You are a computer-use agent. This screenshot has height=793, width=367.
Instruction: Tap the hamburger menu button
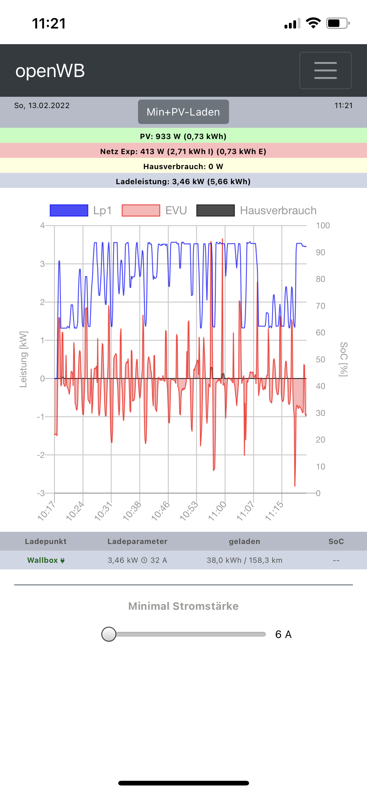click(325, 70)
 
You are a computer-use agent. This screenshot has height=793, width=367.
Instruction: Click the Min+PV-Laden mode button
click(183, 112)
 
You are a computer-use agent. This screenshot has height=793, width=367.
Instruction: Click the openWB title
click(50, 71)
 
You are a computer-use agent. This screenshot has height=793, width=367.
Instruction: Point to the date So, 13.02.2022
click(42, 106)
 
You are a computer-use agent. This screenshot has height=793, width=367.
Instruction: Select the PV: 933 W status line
click(183, 136)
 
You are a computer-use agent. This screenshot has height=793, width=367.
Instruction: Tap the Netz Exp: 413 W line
click(183, 151)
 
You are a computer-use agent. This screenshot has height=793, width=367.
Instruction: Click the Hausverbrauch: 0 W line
click(183, 166)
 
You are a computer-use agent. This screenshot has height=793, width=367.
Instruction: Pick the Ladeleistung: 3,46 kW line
click(183, 181)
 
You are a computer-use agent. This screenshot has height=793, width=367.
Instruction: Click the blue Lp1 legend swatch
click(69, 210)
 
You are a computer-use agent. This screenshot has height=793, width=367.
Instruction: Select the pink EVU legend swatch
click(141, 210)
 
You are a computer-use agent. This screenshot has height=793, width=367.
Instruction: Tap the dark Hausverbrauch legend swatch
click(215, 210)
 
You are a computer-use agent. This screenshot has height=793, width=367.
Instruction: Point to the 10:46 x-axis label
click(160, 511)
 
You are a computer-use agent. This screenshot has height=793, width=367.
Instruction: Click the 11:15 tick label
click(274, 511)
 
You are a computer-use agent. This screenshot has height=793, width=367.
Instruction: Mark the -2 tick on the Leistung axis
click(41, 455)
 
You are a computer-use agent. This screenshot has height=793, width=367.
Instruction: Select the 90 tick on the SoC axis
click(321, 252)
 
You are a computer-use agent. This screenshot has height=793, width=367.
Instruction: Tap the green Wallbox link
click(46, 560)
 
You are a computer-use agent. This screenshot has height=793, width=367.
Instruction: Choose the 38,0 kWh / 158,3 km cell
click(244, 560)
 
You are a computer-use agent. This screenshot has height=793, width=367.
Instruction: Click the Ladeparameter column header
click(137, 542)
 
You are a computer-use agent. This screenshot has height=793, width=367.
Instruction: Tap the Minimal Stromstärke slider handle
click(109, 634)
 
